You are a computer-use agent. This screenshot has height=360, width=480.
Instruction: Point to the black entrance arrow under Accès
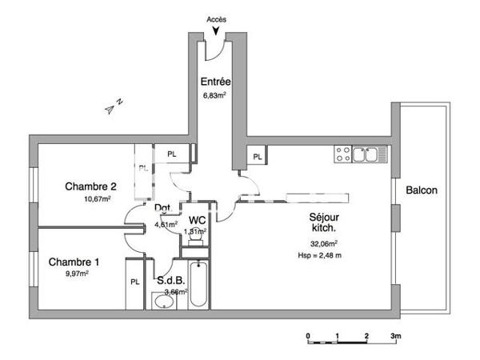tap(215, 31)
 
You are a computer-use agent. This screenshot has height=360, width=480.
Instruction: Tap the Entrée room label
tap(215, 82)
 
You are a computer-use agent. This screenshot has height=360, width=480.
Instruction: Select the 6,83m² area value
tap(214, 94)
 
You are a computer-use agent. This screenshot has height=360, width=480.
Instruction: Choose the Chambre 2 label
tap(91, 186)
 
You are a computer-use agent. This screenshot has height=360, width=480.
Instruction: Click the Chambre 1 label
tap(74, 262)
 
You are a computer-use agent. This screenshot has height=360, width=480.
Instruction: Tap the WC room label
tap(195, 220)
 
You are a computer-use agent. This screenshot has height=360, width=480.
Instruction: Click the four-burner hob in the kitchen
tap(342, 153)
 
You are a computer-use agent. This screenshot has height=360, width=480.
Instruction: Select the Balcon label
tap(422, 190)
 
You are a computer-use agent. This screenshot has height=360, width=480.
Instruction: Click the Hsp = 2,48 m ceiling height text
tap(319, 255)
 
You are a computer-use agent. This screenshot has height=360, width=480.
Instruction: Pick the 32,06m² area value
tap(324, 242)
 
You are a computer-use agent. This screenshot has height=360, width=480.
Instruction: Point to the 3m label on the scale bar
tap(394, 336)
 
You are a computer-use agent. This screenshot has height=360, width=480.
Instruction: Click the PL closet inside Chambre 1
tap(135, 282)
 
